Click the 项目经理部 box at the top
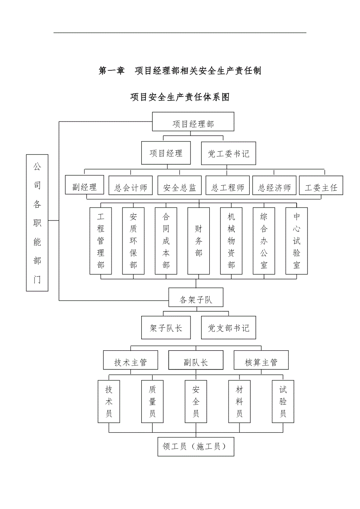click(x=193, y=122)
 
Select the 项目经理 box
click(x=166, y=153)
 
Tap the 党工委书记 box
click(x=229, y=153)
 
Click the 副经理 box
click(x=85, y=185)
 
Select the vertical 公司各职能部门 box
click(x=37, y=223)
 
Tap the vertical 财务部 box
click(x=199, y=240)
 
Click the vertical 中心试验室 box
click(x=297, y=240)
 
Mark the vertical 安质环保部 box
click(x=133, y=240)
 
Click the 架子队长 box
click(x=166, y=328)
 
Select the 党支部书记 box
click(x=229, y=328)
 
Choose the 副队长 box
click(x=196, y=360)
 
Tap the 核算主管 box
click(x=261, y=360)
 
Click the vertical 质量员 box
click(x=152, y=401)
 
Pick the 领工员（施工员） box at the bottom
click(x=196, y=446)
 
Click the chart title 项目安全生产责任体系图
click(x=180, y=97)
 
